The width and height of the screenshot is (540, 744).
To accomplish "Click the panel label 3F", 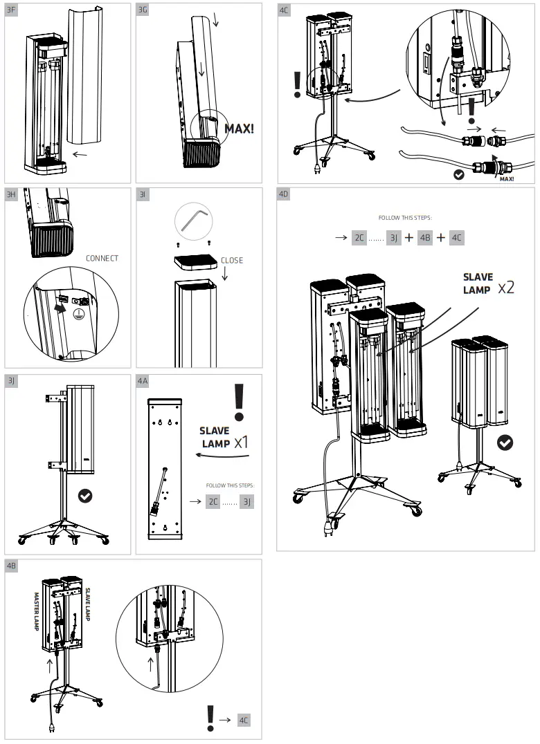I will (x=11, y=10).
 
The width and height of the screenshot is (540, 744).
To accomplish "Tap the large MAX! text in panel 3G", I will (x=239, y=129).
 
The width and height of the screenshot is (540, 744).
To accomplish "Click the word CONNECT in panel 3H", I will (x=102, y=259).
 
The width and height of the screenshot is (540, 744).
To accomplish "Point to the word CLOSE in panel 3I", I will (x=232, y=261).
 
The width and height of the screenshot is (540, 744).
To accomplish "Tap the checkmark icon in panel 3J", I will (x=86, y=495).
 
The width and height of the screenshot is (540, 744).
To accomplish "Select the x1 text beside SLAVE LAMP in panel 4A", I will (x=240, y=443).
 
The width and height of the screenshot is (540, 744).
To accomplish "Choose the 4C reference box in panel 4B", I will (x=244, y=720).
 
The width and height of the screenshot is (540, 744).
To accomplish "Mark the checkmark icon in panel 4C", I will (x=458, y=174).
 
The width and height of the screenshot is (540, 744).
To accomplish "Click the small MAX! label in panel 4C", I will (x=506, y=178).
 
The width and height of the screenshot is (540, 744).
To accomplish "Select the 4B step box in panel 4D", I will (x=425, y=237).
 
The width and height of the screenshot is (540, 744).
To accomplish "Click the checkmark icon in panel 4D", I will (x=505, y=443).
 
